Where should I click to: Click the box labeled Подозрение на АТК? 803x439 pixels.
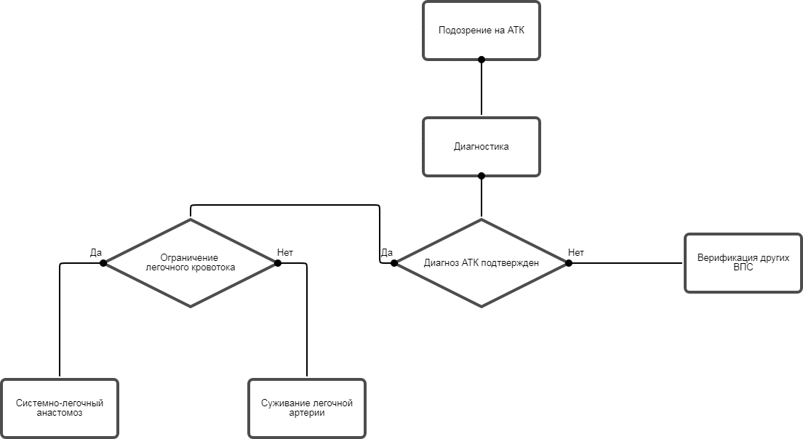pos(482,31)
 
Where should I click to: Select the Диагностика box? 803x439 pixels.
pos(482,147)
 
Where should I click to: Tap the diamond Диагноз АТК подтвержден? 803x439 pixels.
pos(482,263)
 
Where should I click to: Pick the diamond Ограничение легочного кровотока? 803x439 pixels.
pos(191,263)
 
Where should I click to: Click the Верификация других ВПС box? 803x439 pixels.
pos(743,263)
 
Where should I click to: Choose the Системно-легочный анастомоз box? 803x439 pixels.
pos(60,408)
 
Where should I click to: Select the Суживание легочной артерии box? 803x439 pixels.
pos(307,408)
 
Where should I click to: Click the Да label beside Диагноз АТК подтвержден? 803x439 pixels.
pos(387,253)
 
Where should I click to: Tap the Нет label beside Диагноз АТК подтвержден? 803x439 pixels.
pos(575,253)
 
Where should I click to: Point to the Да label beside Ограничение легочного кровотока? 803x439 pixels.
pos(96,253)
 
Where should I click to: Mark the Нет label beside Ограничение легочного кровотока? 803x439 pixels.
pos(284,253)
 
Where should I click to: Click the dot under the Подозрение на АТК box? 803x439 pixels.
pos(482,60)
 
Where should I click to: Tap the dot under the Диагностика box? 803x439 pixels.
pos(482,176)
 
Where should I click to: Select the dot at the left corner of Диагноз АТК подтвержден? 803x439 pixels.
pos(394,263)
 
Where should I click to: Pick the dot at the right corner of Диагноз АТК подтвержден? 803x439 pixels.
pos(569,263)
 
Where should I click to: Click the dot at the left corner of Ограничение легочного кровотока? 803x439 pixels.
pos(103,263)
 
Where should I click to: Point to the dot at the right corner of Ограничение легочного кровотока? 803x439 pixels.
pos(278,263)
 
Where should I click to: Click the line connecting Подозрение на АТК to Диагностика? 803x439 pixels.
pos(482,87)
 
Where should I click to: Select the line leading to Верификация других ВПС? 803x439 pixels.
pos(626,263)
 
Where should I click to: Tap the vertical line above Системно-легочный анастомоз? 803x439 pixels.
pos(60,320)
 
